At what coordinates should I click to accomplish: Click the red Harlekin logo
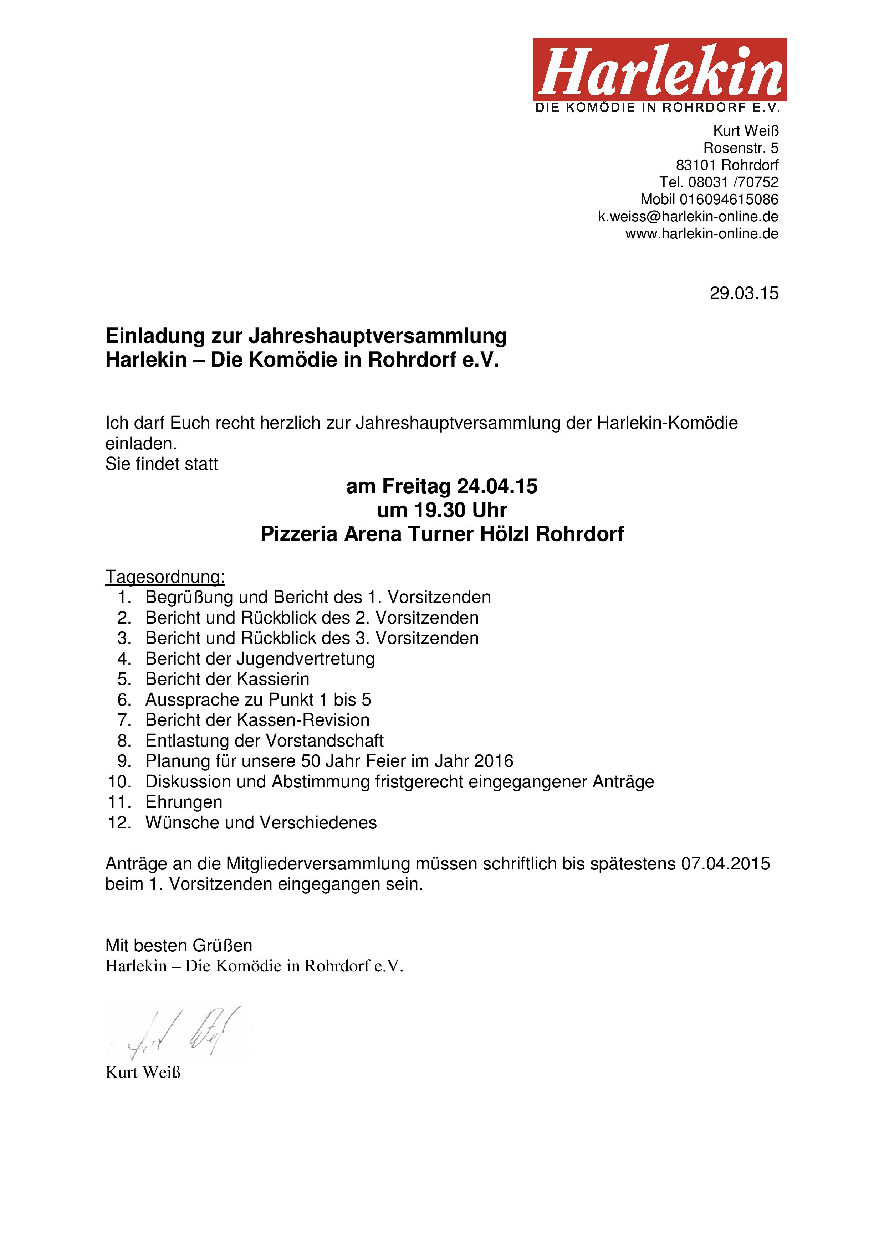[x=660, y=70]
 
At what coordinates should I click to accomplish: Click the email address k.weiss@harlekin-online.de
[x=688, y=217]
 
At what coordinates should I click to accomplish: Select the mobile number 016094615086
[x=729, y=199]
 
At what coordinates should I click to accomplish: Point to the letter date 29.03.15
[x=744, y=294]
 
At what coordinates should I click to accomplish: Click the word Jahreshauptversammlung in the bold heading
[x=378, y=336]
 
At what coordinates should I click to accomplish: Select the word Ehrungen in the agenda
[x=184, y=802]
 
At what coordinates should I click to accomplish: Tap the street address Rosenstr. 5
[x=741, y=148]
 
